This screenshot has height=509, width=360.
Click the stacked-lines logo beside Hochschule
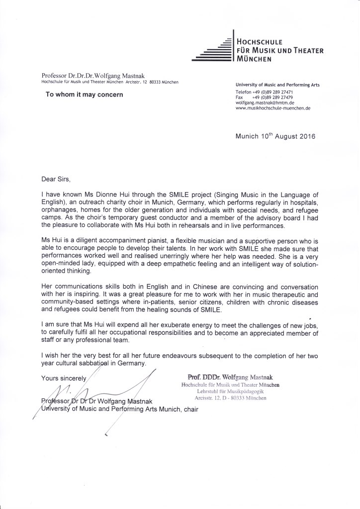coord(212,50)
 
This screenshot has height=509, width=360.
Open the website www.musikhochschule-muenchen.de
coord(272,108)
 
